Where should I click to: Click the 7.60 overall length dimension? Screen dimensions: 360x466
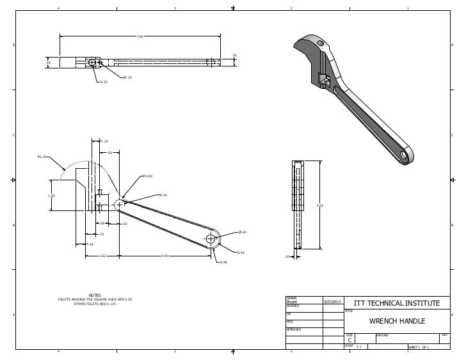coord(140,36)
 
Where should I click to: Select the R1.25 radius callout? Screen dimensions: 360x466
coord(42,156)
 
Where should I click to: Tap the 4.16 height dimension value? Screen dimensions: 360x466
coord(320,205)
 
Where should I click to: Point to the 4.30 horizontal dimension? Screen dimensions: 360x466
coord(165,256)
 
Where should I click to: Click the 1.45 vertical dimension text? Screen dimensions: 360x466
coord(52,196)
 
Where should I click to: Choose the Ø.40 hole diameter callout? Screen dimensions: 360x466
coord(243,232)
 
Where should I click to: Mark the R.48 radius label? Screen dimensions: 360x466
coord(223,262)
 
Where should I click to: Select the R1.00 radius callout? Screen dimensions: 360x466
coord(147,175)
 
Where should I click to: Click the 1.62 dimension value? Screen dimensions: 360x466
coord(102,256)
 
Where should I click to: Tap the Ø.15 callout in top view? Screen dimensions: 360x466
coord(127,77)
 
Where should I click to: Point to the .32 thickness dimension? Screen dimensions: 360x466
coord(234,56)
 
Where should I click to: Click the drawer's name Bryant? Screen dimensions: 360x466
coord(292,301)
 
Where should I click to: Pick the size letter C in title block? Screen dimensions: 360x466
coord(349,340)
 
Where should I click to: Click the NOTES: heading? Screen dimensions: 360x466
coord(95,295)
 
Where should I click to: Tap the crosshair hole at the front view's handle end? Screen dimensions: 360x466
coord(211,239)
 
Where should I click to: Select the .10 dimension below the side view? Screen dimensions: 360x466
coord(287,256)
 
